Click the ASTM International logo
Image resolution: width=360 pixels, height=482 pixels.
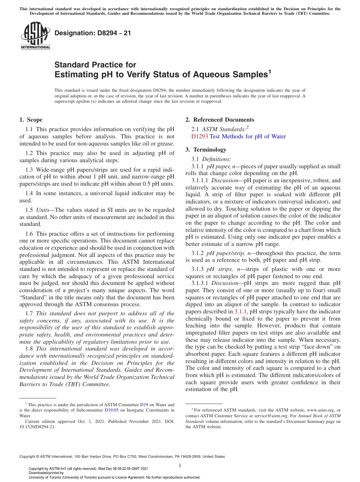35,36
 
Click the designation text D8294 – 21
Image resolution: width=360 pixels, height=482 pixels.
93,33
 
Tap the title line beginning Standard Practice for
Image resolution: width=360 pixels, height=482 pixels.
95,65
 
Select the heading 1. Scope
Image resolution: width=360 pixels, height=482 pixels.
31,120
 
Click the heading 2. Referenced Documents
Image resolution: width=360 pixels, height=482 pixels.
220,120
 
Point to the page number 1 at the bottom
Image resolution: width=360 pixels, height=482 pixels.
180,465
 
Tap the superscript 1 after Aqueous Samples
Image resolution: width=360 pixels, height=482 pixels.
270,72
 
